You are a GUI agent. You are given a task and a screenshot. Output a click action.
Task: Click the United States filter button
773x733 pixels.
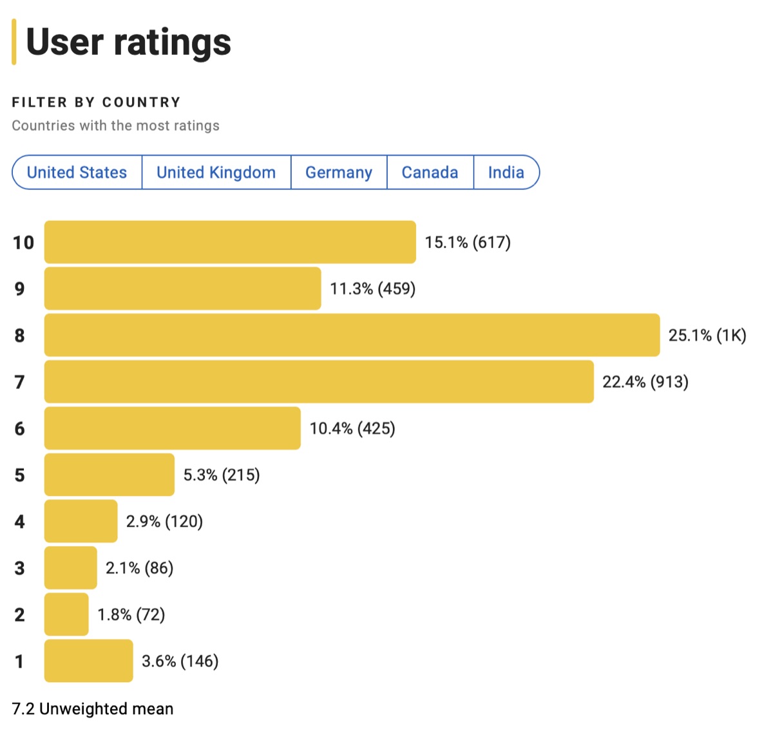pyautogui.click(x=77, y=173)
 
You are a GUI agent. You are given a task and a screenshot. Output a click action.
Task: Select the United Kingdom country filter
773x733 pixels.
pyautogui.click(x=216, y=173)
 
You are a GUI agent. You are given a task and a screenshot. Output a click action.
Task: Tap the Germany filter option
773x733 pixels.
pyautogui.click(x=339, y=173)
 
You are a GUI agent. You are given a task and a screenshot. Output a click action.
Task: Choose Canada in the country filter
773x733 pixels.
pyautogui.click(x=430, y=173)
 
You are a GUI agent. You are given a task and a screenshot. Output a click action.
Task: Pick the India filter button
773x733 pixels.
pyautogui.click(x=506, y=173)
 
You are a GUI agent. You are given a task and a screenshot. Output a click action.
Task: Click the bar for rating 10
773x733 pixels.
pyautogui.click(x=230, y=242)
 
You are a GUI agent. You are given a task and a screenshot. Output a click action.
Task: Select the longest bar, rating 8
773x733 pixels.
pyautogui.click(x=352, y=335)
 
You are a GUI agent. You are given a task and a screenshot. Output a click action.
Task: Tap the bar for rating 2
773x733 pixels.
pyautogui.click(x=66, y=614)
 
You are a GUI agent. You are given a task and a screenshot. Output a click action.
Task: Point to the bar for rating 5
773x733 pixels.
pyautogui.click(x=109, y=475)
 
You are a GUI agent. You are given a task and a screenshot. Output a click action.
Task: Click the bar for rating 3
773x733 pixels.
pyautogui.click(x=70, y=567)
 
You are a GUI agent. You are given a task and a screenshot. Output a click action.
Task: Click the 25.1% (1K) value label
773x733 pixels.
pyautogui.click(x=707, y=335)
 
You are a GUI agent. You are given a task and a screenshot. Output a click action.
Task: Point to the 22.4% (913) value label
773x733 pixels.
pyautogui.click(x=645, y=382)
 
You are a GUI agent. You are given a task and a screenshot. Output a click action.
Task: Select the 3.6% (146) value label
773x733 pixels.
pyautogui.click(x=180, y=661)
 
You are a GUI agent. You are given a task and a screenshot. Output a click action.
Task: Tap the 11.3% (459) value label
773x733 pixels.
pyautogui.click(x=372, y=289)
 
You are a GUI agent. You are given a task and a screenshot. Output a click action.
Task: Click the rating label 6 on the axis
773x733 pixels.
pyautogui.click(x=20, y=428)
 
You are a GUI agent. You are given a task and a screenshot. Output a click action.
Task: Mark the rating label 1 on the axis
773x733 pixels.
pyautogui.click(x=19, y=661)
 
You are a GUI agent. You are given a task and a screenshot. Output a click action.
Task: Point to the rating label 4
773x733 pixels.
pyautogui.click(x=20, y=521)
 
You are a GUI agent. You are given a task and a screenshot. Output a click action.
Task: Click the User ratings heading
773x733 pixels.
pyautogui.click(x=128, y=43)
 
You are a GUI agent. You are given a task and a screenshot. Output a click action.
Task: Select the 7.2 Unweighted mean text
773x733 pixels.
pyautogui.click(x=93, y=709)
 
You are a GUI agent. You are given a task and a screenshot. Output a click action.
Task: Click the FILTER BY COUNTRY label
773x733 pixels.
pyautogui.click(x=96, y=102)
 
